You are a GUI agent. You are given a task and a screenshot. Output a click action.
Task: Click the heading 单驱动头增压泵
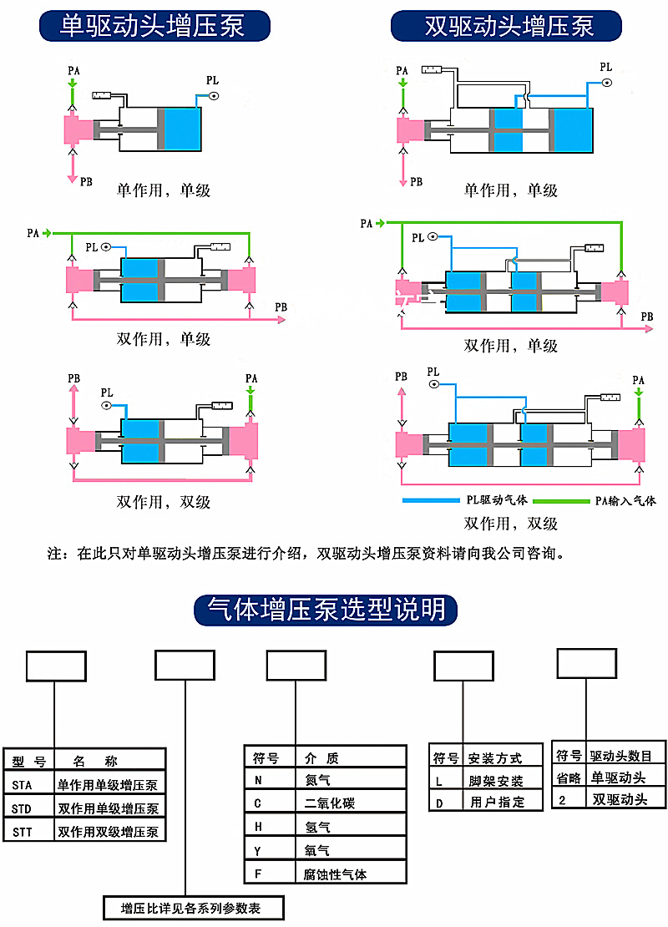(x=154, y=26)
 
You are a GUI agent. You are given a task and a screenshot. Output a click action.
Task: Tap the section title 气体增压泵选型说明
(x=326, y=610)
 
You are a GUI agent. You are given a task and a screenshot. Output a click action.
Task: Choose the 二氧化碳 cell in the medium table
(x=330, y=803)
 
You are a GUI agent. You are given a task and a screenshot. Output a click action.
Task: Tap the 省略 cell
(x=569, y=778)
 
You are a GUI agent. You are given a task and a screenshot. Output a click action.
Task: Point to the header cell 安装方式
(x=495, y=758)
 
